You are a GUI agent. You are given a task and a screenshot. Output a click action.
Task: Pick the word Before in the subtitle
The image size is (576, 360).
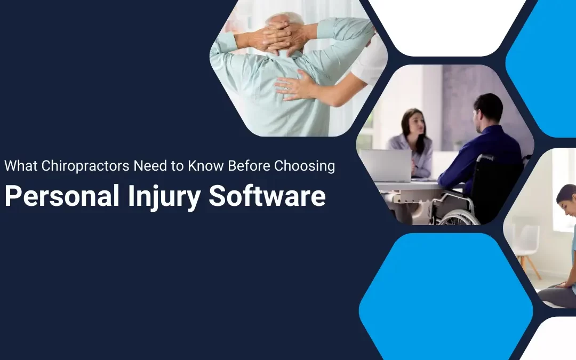(249, 166)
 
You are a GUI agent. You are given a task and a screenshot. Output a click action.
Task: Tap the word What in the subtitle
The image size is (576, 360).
(21, 166)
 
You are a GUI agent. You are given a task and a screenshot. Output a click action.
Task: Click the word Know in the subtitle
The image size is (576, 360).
(210, 166)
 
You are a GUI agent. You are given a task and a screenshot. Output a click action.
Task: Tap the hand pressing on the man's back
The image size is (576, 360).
(293, 86)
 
